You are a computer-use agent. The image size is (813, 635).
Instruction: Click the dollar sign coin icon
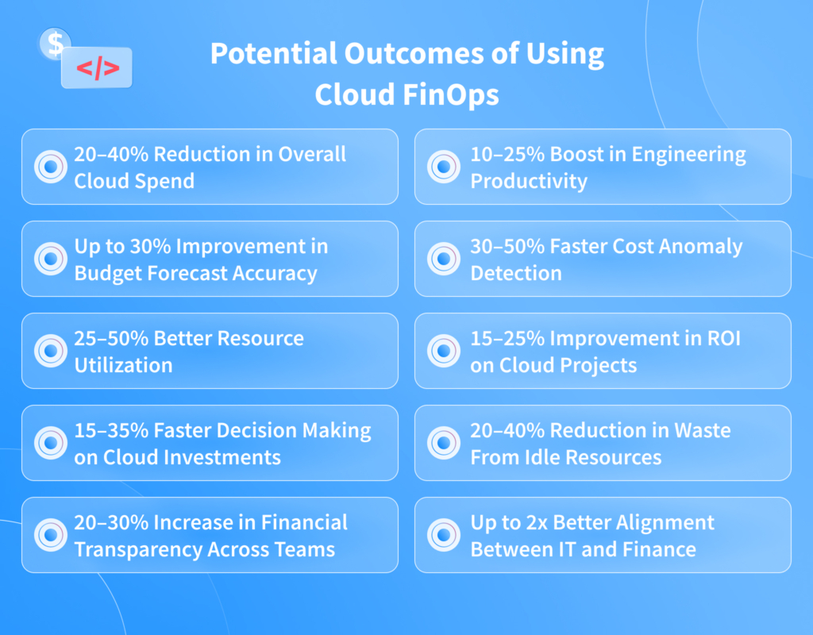(55, 44)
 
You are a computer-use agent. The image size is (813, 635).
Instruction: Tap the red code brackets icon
(98, 68)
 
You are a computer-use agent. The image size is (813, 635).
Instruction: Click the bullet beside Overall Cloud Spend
(49, 167)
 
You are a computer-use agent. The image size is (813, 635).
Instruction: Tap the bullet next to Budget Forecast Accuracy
(49, 259)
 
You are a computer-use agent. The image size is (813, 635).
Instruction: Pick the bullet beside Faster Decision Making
(49, 443)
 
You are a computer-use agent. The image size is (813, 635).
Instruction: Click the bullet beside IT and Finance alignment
(443, 535)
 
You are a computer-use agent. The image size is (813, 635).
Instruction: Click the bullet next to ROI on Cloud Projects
(443, 351)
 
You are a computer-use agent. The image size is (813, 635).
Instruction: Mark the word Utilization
(123, 365)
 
